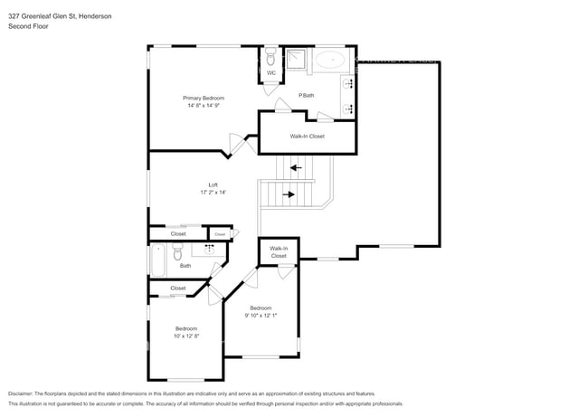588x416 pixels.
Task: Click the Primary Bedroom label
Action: pyautogui.click(x=204, y=98)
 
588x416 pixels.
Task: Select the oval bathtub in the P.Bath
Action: pyautogui.click(x=330, y=61)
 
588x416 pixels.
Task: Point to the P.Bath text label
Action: pyautogui.click(x=307, y=95)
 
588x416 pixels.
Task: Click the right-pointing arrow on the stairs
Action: pyautogui.click(x=289, y=194)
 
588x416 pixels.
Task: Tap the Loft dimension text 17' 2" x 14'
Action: pyautogui.click(x=213, y=192)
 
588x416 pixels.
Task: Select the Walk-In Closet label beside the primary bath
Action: pyautogui.click(x=307, y=137)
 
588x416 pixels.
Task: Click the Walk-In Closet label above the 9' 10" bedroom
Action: pyautogui.click(x=279, y=252)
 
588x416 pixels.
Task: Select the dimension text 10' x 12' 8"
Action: pyautogui.click(x=185, y=336)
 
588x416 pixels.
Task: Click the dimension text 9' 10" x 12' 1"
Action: pyautogui.click(x=261, y=316)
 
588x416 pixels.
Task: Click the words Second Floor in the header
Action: pyautogui.click(x=28, y=27)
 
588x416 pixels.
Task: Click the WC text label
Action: pyautogui.click(x=270, y=73)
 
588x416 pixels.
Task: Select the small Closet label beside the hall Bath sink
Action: pyautogui.click(x=220, y=233)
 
